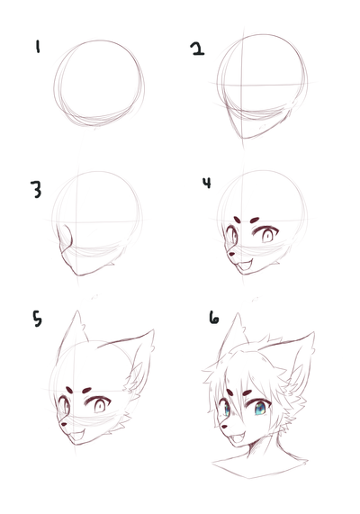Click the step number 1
coord(38,46)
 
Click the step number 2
coord(197,49)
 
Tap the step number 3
coord(36,189)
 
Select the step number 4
coord(207,183)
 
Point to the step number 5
coord(37,319)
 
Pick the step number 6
coord(214,318)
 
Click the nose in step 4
coord(231,254)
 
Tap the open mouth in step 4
coord(245,266)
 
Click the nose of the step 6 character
coord(224,427)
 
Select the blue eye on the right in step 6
coord(260,409)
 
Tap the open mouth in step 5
coord(77,436)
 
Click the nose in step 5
coord(64,424)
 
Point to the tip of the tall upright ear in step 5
coord(77,311)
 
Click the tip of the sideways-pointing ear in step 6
coord(314,332)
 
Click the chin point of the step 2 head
coord(243,138)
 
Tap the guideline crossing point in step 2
coord(241,86)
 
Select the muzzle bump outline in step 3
coord(66,239)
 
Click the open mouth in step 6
coord(238,438)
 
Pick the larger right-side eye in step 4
coord(267,235)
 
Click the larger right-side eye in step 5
coord(99,405)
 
